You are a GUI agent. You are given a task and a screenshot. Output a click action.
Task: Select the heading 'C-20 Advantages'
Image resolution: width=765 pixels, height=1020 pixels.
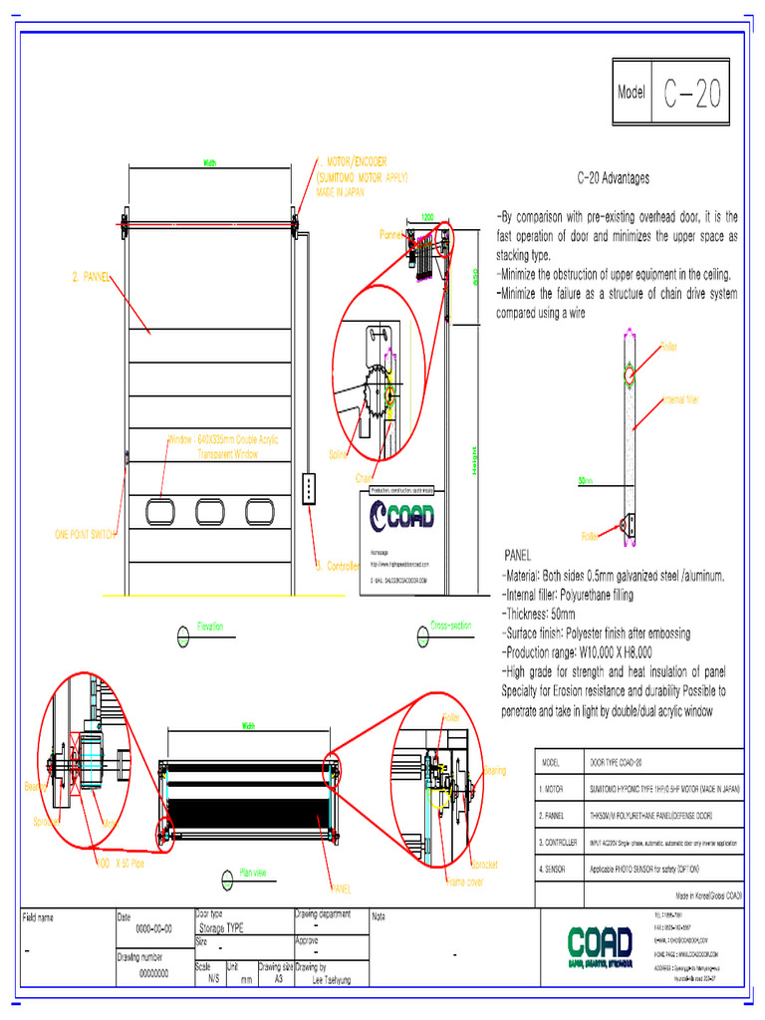click(x=613, y=178)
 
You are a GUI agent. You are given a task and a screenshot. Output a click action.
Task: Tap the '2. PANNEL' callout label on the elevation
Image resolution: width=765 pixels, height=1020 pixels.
click(x=91, y=277)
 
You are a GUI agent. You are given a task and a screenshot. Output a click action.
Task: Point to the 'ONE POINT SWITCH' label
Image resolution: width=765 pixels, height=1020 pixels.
click(x=86, y=535)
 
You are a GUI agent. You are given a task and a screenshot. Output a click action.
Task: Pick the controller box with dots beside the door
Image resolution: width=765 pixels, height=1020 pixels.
click(x=310, y=488)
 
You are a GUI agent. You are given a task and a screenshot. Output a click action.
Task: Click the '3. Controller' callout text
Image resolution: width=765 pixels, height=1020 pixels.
click(x=337, y=566)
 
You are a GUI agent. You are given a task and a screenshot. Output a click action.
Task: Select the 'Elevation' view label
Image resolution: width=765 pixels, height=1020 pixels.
click(x=210, y=627)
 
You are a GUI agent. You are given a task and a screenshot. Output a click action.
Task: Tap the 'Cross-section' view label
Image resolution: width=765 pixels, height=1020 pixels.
click(x=450, y=626)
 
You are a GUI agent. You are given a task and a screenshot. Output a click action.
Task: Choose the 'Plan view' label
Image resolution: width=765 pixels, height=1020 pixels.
click(x=253, y=873)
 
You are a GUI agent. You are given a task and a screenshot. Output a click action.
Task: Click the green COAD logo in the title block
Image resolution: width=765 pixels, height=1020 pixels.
click(x=600, y=944)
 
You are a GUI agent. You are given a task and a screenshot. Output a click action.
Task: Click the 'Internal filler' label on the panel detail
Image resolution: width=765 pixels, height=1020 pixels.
click(x=681, y=399)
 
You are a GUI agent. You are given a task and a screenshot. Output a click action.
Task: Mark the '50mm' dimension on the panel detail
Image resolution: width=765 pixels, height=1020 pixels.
click(x=586, y=480)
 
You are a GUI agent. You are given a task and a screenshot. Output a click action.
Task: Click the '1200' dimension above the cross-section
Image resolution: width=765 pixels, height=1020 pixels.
click(x=427, y=216)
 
